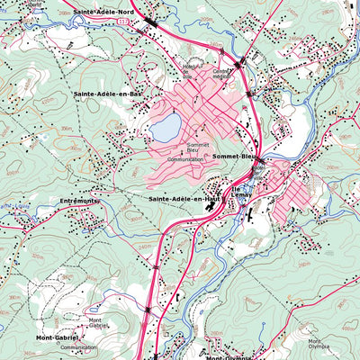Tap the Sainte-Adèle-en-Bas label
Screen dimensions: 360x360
[x=108, y=93]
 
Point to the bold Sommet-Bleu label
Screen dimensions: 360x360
[x=236, y=157]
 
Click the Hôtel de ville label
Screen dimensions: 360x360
[x=259, y=170]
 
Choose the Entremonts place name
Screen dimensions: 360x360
[x=77, y=201]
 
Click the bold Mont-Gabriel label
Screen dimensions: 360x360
[x=56, y=337]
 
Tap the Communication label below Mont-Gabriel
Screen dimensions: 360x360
[x=79, y=346]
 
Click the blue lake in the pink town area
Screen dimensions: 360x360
[x=165, y=128]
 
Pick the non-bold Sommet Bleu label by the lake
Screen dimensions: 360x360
[x=198, y=147]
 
